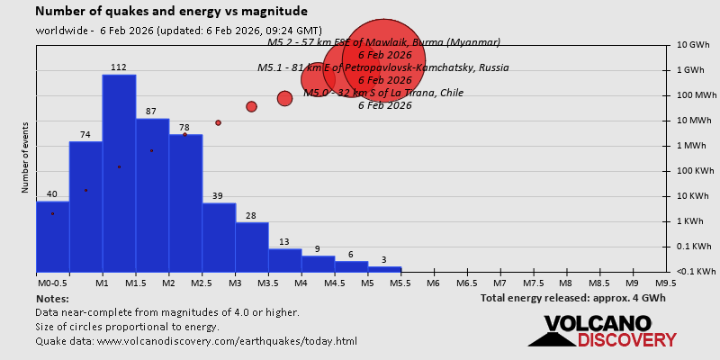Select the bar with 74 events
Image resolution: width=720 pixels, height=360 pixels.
tap(85, 206)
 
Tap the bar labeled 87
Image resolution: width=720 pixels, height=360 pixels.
tap(152, 194)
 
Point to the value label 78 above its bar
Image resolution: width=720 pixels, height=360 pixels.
tap(184, 128)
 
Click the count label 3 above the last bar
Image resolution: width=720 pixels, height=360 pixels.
tap(384, 260)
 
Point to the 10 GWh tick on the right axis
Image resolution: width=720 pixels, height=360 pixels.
tap(694, 45)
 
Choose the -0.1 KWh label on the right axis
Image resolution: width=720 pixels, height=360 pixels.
tap(697, 271)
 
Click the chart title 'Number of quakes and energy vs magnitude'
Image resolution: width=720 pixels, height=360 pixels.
tap(171, 12)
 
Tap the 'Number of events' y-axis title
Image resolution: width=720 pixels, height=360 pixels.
tap(25, 162)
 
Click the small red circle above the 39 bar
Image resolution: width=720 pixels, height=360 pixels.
tap(218, 122)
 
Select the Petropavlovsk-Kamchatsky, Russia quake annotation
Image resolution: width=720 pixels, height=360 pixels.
tap(382, 67)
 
